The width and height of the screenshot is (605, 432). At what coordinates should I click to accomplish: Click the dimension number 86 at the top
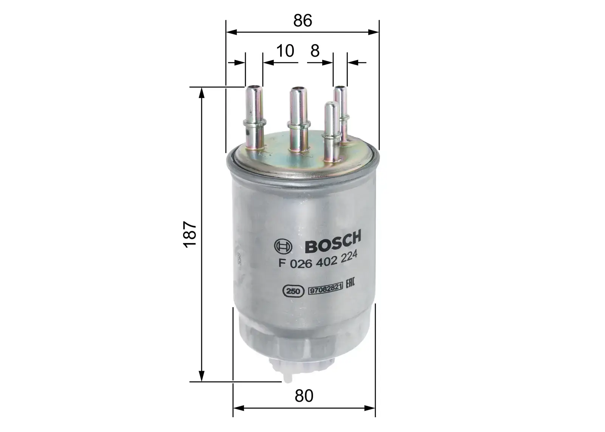[x=303, y=21]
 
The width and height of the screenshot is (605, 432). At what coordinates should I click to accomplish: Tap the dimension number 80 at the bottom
[x=304, y=396]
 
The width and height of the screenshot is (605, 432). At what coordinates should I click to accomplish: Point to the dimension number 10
[x=285, y=51]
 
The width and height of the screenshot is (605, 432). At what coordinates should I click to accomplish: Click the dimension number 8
[x=315, y=51]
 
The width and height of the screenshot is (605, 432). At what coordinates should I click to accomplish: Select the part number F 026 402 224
[x=318, y=261]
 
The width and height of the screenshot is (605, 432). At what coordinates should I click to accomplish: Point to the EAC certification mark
[x=350, y=284]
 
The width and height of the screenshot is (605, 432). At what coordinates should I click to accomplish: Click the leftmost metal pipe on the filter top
[x=254, y=117]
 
